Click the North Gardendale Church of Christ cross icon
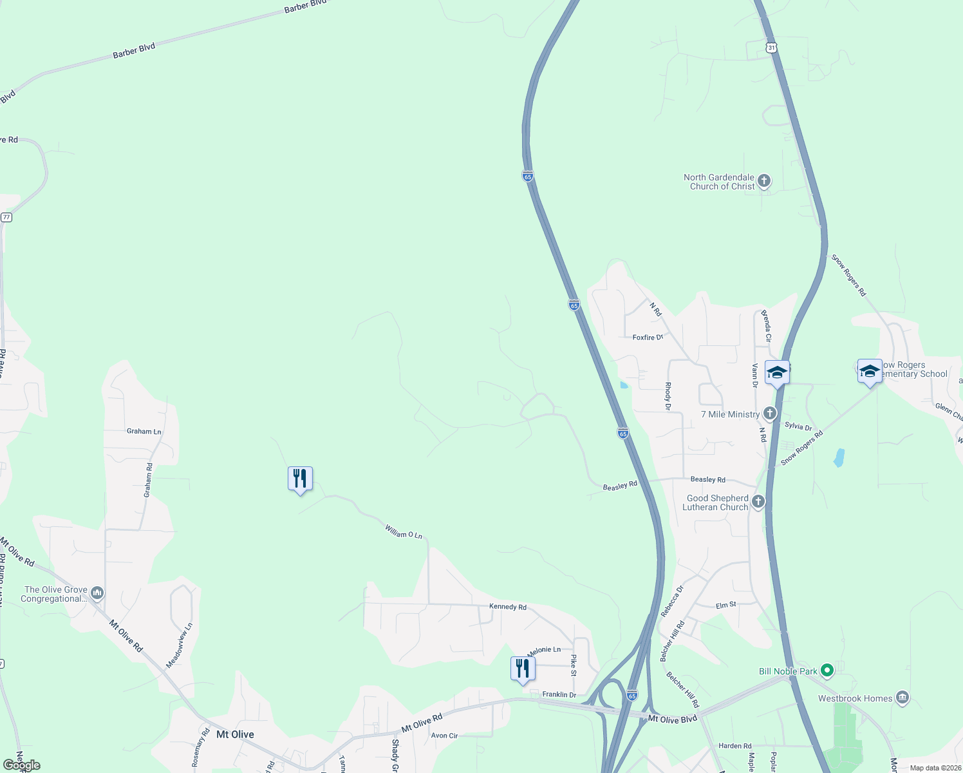pos(764,181)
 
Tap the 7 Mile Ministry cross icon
pos(770,414)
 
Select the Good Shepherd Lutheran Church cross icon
pos(758,502)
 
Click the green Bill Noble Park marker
pos(827,671)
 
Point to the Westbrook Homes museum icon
pos(902,698)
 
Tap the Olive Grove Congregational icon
pos(97,592)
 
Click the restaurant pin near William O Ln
pos(300,479)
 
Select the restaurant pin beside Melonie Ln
pos(523,669)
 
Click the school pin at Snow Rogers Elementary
pos(870,372)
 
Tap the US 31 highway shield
pos(772,48)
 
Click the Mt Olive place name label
pos(235,734)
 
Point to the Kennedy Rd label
pos(508,607)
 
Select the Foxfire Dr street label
pos(648,338)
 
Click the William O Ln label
pos(404,532)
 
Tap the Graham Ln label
pos(144,432)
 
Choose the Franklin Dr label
pos(559,694)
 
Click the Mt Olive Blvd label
pos(672,719)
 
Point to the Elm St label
pos(726,606)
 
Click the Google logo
pos(22,765)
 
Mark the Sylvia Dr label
pos(798,426)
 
